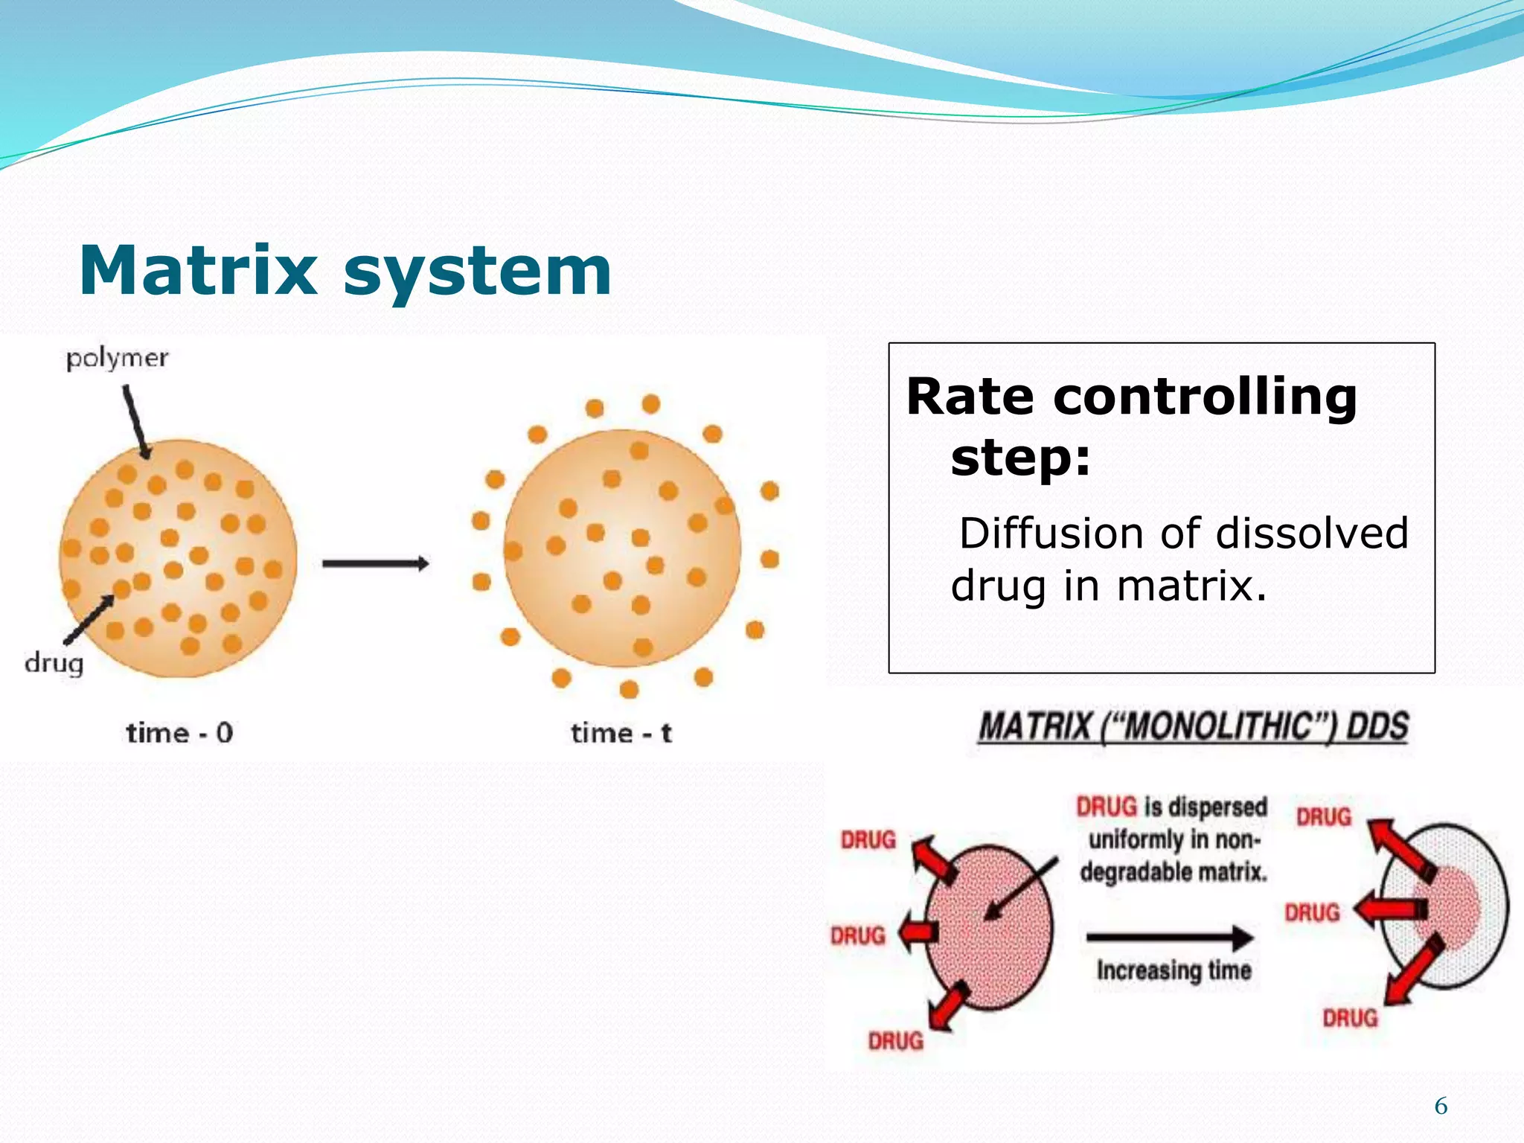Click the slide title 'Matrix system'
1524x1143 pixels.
(x=345, y=271)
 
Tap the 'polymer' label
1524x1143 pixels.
(x=117, y=359)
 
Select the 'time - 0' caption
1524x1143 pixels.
(x=179, y=733)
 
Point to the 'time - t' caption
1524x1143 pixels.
(x=621, y=733)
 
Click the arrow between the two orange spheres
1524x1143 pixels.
(x=375, y=563)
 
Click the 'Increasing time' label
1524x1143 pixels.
(x=1174, y=970)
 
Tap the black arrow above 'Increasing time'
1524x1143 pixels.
(x=1170, y=937)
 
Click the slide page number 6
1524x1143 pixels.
(x=1441, y=1107)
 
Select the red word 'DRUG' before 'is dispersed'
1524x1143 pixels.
(x=1107, y=807)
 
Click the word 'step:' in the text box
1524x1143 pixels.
(x=1020, y=457)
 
